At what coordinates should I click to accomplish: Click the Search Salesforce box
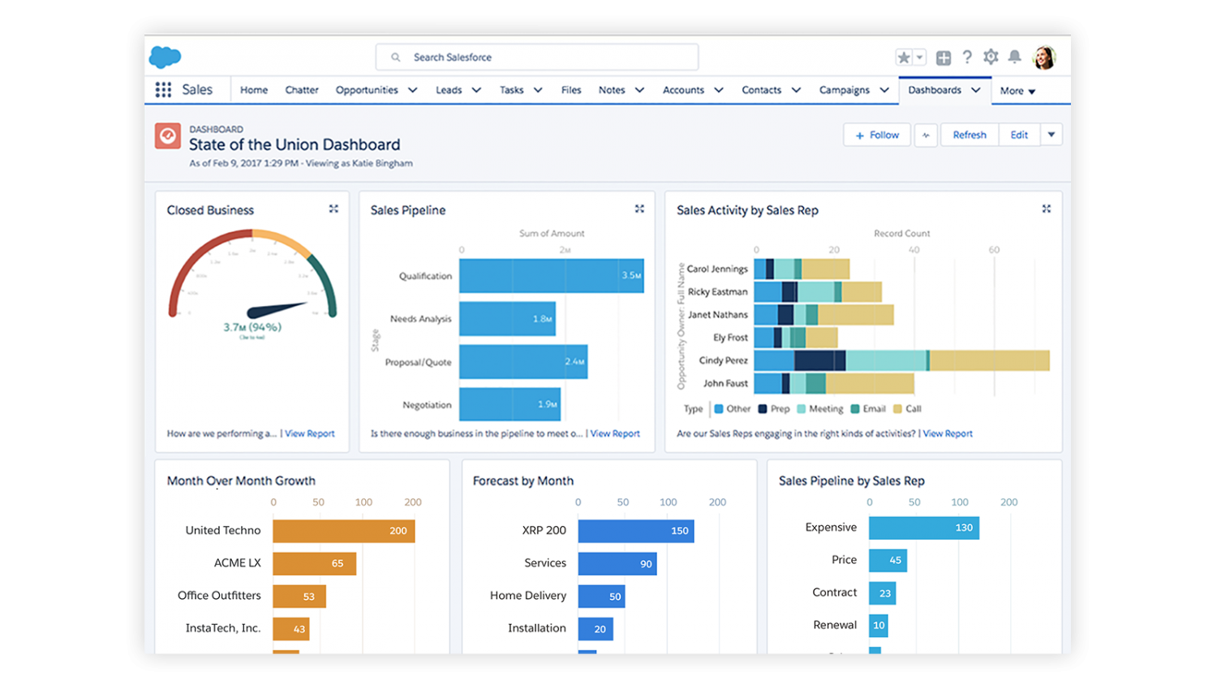pyautogui.click(x=536, y=58)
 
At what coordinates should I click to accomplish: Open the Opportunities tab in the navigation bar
pyautogui.click(x=367, y=90)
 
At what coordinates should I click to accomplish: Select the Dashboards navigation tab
pyautogui.click(x=935, y=90)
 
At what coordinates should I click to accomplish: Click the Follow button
pyautogui.click(x=877, y=136)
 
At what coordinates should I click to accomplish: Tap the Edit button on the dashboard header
pyautogui.click(x=1019, y=136)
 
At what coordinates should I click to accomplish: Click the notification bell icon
pyautogui.click(x=1014, y=57)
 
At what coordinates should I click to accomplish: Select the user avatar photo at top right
pyautogui.click(x=1044, y=58)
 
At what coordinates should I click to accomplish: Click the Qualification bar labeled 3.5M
pyautogui.click(x=551, y=276)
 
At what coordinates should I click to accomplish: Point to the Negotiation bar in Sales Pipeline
pyautogui.click(x=510, y=404)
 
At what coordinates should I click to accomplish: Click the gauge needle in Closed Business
pyautogui.click(x=276, y=309)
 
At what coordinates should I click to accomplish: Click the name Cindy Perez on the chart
pyautogui.click(x=723, y=360)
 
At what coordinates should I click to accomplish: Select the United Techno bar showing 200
pyautogui.click(x=343, y=531)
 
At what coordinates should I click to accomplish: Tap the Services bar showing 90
pyautogui.click(x=617, y=563)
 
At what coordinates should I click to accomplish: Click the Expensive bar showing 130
pyautogui.click(x=923, y=528)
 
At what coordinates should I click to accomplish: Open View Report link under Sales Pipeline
pyautogui.click(x=615, y=434)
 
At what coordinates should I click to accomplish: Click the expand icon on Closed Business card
pyautogui.click(x=333, y=209)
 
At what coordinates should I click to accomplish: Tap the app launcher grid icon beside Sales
pyautogui.click(x=163, y=90)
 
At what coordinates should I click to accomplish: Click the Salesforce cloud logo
pyautogui.click(x=166, y=57)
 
